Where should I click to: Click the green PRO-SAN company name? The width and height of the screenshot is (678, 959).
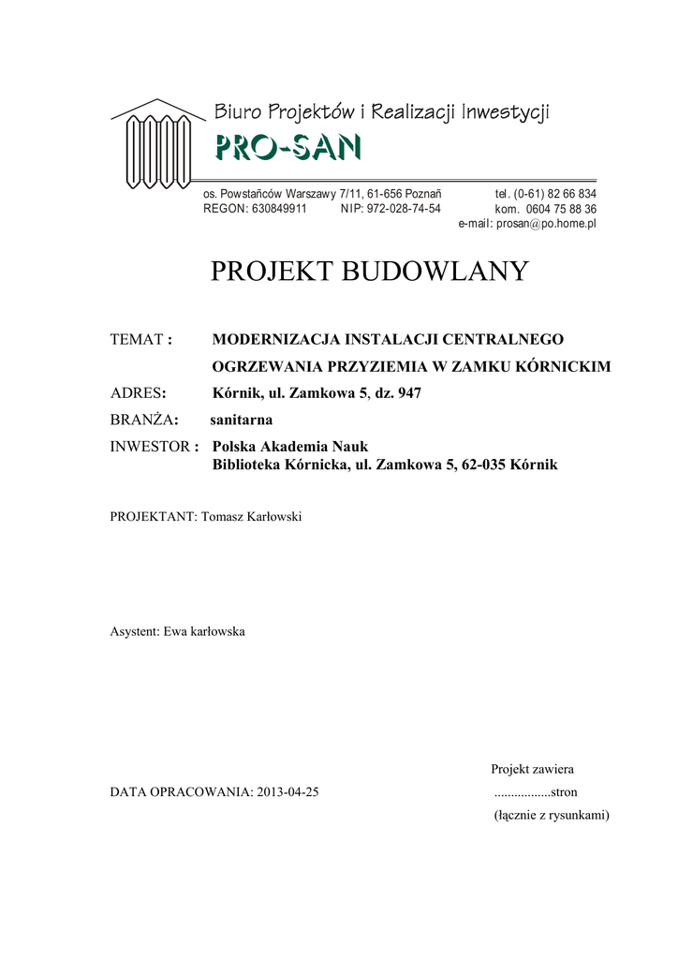[x=287, y=148]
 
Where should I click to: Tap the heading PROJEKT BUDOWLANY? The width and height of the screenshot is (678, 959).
[x=369, y=272]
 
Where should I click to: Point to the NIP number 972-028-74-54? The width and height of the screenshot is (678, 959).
[x=404, y=209]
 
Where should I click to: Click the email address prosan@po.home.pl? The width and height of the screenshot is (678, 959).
[x=546, y=225]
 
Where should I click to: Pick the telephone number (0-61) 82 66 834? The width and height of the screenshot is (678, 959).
[x=554, y=194]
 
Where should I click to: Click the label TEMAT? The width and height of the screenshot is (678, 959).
[x=137, y=339]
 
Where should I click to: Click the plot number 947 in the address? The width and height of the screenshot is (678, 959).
[x=409, y=393]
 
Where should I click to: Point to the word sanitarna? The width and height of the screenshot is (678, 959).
[x=241, y=420]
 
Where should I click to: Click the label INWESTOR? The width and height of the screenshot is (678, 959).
[x=150, y=447]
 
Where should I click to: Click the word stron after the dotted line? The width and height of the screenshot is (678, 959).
[x=565, y=792]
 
